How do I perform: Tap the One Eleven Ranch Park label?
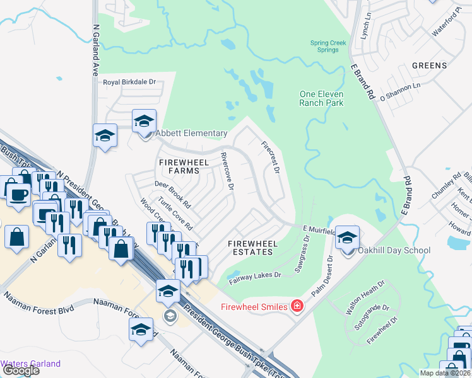tap(321, 98)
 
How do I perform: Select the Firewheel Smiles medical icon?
tap(297, 307)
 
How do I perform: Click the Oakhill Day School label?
tap(394, 250)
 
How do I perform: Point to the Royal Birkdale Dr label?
tap(129, 82)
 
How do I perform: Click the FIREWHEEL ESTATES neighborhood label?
tap(251, 247)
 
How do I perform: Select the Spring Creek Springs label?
tap(328, 46)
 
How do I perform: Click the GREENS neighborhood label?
tap(429, 65)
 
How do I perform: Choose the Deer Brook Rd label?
tap(172, 195)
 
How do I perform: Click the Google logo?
tap(21, 370)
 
